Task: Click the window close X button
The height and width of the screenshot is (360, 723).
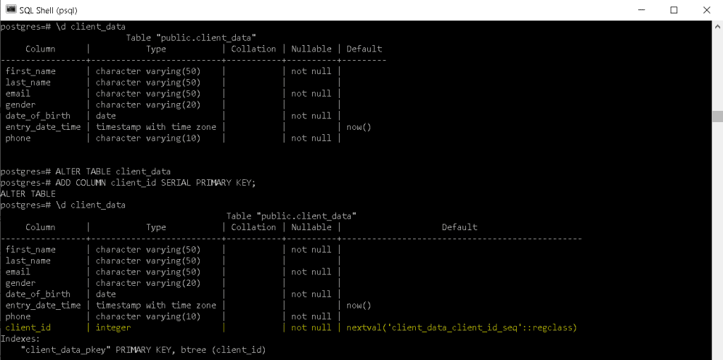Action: pos(706,10)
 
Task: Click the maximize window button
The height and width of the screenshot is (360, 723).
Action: pos(674,10)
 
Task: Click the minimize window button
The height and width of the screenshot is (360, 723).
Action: pos(641,10)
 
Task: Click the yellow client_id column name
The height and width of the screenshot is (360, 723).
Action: pos(28,328)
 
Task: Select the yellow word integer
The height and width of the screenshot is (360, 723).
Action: pos(113,328)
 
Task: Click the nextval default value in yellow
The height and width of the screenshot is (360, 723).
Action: pos(462,328)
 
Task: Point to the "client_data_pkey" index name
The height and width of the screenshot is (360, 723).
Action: pos(66,350)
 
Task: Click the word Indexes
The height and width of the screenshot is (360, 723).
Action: pos(19,339)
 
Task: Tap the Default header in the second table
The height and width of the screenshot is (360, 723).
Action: pos(460,227)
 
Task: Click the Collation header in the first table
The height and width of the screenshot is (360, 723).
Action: pos(253,49)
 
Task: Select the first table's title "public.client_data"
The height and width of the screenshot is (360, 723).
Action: pos(191,37)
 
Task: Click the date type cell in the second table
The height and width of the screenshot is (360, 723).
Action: pos(106,294)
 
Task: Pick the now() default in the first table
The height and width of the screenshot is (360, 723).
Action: pos(359,127)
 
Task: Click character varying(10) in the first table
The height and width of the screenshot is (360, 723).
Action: pos(148,138)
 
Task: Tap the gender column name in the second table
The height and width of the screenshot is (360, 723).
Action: pos(20,283)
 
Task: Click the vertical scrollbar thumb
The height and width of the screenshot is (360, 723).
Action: pos(717,116)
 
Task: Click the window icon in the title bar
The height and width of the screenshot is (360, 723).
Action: pos(10,10)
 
